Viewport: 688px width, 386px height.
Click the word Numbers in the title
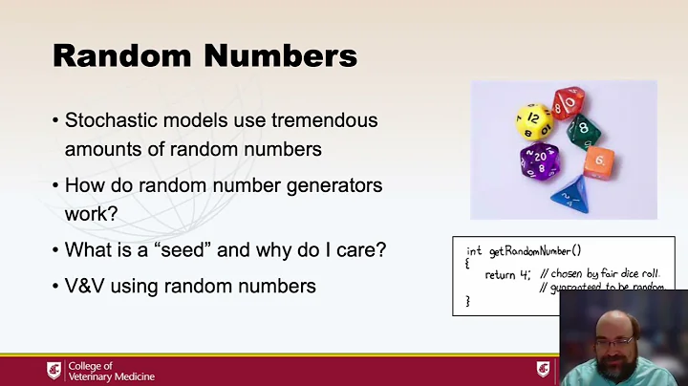tap(276, 54)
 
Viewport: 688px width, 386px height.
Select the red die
tap(569, 102)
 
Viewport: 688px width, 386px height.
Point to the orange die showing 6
tap(598, 161)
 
